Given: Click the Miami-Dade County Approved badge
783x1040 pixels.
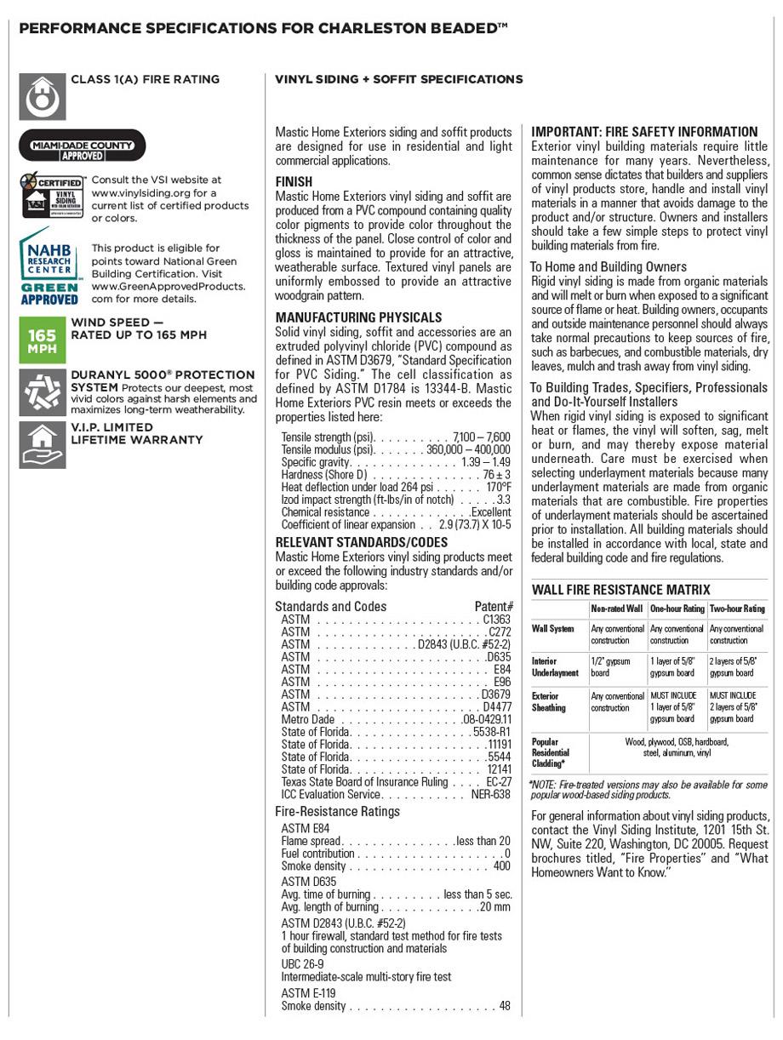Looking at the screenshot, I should [83, 146].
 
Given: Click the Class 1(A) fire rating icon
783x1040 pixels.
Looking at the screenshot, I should [43, 96].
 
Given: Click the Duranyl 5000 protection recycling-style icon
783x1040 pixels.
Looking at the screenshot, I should [43, 392].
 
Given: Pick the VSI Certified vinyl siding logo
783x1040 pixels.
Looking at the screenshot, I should [52, 197].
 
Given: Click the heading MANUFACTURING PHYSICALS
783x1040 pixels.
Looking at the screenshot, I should [358, 317].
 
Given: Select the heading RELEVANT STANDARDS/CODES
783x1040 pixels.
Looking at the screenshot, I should [361, 542].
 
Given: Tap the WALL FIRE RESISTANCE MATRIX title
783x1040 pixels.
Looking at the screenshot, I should [620, 590].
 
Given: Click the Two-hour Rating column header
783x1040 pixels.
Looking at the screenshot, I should [737, 609].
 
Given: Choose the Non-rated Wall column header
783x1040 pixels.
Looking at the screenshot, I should [617, 609].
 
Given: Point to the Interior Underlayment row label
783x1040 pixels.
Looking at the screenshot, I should [555, 666].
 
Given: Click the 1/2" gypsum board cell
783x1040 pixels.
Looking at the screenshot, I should [611, 666].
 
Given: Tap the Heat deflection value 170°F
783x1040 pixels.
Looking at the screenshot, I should [499, 487].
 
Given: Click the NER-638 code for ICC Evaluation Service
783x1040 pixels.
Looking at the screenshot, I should [491, 794].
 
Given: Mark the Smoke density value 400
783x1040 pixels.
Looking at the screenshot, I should [501, 866].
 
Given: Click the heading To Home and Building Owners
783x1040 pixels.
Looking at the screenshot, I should [609, 267].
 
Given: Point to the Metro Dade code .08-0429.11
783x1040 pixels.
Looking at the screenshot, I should [487, 719].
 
